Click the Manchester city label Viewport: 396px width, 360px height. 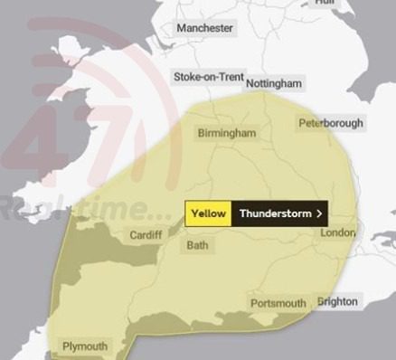pos(205,28)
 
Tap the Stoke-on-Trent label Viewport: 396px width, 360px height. pos(208,78)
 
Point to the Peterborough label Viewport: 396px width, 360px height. pos(331,123)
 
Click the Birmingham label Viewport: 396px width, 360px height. pos(226,133)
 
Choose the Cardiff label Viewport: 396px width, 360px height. pos(146,235)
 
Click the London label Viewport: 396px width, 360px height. pos(338,233)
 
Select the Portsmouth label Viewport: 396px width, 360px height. pos(278,303)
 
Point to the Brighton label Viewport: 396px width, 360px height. pos(337,301)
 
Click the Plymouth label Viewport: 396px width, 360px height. pos(84,346)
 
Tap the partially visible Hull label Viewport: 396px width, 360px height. pos(324,3)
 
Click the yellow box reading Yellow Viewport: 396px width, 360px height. pos(209,213)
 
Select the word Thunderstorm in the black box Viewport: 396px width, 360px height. pos(275,213)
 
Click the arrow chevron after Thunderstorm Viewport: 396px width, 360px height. pos(319,213)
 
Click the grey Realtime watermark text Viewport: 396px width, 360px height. pos(81,210)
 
